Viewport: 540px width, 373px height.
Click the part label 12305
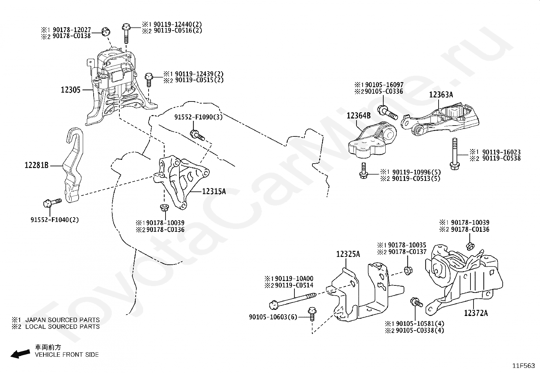(71, 90)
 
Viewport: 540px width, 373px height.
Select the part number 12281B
(37, 166)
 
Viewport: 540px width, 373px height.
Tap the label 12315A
(214, 191)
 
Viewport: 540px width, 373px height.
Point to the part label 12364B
(359, 116)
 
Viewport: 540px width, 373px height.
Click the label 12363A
(441, 95)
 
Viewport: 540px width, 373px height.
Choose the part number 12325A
(348, 254)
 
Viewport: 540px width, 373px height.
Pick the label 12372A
(476, 313)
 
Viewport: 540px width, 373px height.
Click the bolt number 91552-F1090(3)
(194, 117)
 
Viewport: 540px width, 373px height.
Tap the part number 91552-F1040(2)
(55, 220)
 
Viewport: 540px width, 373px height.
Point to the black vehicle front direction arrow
(20, 354)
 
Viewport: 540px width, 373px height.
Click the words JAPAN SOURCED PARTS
(62, 320)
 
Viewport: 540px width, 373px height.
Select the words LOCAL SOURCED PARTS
(62, 327)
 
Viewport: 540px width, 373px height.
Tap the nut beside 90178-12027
(106, 31)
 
